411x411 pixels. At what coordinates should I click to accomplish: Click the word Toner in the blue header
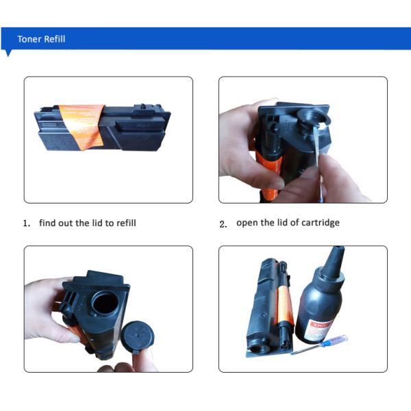(29, 39)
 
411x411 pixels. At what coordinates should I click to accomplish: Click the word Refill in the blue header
(55, 39)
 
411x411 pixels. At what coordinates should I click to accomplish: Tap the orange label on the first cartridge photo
(82, 127)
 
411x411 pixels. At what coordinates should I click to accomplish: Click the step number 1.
(26, 223)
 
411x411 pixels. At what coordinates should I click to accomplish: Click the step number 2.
(223, 224)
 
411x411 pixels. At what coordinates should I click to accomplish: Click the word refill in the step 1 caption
(126, 223)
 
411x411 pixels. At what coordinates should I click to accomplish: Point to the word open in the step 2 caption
(247, 223)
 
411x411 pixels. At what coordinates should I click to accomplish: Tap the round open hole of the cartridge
(105, 303)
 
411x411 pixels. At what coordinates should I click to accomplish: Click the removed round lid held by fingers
(137, 337)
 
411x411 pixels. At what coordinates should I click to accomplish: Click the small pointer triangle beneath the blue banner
(8, 53)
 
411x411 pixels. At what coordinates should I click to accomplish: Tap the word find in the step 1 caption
(47, 223)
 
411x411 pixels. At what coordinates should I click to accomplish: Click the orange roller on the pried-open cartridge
(269, 174)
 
